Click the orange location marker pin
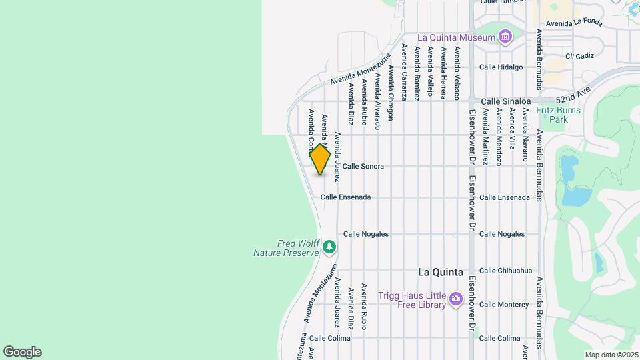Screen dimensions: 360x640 320,159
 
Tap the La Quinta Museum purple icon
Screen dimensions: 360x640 505,35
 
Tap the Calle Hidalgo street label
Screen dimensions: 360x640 501,67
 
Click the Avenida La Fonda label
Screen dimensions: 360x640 574,23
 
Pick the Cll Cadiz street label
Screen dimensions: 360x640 579,56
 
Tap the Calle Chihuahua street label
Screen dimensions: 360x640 505,271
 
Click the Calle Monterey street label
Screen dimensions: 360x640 503,305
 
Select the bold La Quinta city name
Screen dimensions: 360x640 440,272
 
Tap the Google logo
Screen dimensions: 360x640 22,352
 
